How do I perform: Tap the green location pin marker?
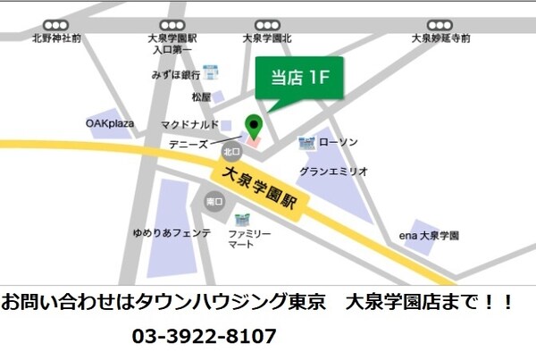[255, 127]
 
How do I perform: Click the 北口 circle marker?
[231, 151]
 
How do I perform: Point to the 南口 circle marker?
[214, 203]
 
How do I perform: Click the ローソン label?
[339, 143]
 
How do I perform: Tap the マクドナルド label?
[189, 124]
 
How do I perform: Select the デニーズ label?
[188, 143]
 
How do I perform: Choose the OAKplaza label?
[110, 123]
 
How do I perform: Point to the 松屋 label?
[201, 96]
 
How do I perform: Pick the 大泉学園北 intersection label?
[267, 39]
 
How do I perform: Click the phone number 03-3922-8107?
[205, 338]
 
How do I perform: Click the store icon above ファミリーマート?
[241, 220]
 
